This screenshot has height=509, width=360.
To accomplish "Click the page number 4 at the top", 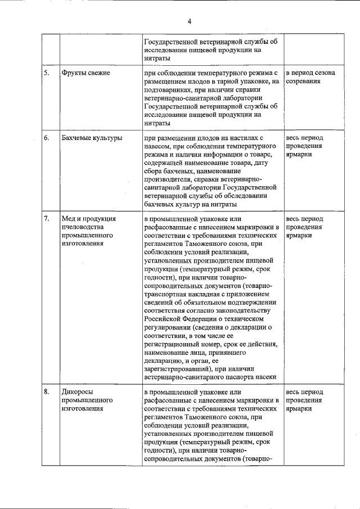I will (x=190, y=21).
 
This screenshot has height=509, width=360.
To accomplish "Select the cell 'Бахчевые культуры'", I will (x=92, y=137).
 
